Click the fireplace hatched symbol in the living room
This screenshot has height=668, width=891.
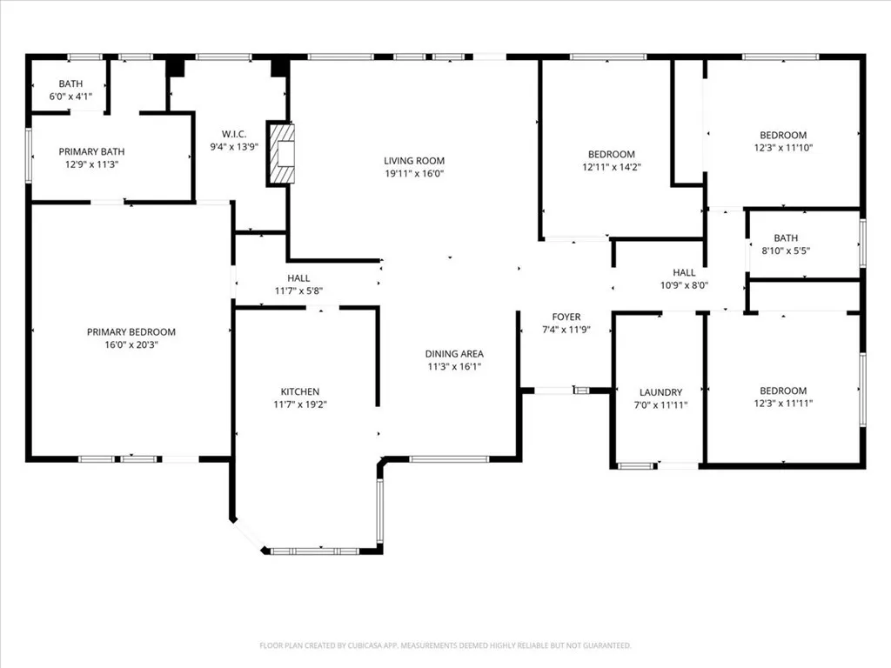282,153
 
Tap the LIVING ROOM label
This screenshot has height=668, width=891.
414,161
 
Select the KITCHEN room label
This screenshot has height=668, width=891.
300,391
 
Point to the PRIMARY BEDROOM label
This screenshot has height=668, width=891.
131,331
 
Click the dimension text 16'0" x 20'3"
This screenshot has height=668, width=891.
131,344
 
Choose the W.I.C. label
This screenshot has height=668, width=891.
234,134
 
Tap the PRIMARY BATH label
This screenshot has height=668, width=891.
91,151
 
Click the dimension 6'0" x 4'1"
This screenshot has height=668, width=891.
70,97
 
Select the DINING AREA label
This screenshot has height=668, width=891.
454,354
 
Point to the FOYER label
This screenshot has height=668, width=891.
566,317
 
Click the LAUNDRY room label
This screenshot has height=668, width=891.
661,392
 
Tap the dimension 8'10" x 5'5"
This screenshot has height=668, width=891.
786,250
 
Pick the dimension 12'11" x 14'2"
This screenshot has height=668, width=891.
612,167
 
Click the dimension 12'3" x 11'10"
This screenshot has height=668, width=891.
784,148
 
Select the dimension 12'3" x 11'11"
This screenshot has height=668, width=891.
784,404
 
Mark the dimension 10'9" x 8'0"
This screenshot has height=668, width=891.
684,285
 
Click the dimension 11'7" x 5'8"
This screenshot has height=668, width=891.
299,291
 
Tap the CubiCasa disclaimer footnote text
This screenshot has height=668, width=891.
445,645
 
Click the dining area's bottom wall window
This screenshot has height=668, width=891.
449,459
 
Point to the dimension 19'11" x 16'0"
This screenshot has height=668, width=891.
414,174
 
